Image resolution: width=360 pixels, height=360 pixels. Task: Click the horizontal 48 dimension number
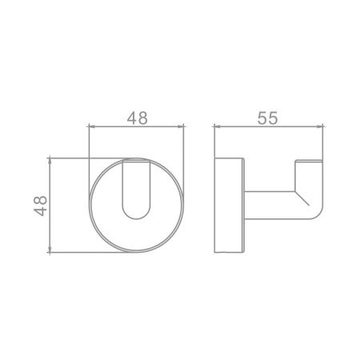point(137,118)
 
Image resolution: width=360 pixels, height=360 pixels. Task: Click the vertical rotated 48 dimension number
point(40,206)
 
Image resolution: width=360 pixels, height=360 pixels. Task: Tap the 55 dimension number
point(268,118)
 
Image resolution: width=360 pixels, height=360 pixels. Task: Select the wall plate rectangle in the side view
point(230,205)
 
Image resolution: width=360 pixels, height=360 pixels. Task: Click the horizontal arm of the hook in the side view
point(270,205)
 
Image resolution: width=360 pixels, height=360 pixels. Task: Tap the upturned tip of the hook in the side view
point(309,162)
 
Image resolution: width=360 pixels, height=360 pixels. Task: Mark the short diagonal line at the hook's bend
point(302,198)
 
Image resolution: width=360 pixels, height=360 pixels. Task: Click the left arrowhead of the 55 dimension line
point(217,126)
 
